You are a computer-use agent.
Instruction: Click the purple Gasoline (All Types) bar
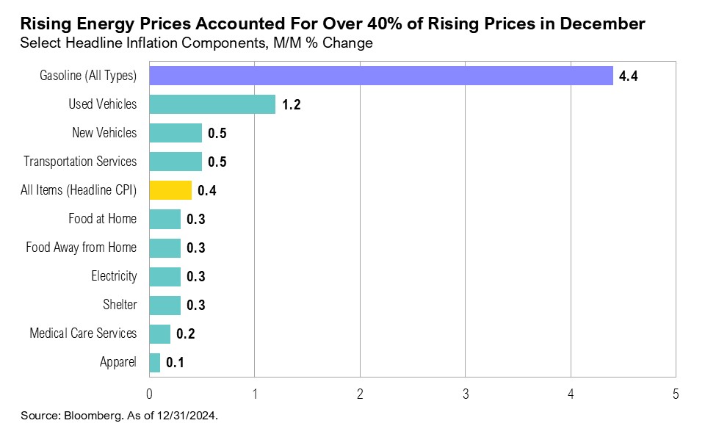tap(380, 76)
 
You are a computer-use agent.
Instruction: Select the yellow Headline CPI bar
tap(170, 190)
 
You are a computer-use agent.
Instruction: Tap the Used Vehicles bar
tap(212, 104)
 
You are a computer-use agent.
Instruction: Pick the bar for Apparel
tap(155, 362)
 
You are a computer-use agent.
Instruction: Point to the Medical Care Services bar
tap(160, 333)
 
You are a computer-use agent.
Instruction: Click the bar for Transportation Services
tap(176, 162)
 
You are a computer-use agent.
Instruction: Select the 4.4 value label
tap(629, 76)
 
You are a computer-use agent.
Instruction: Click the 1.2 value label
tap(292, 105)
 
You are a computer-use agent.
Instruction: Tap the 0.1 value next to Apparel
tap(175, 363)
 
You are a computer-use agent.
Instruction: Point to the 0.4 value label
tap(207, 191)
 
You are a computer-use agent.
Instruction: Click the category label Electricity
tap(114, 276)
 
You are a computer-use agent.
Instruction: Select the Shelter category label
tap(120, 305)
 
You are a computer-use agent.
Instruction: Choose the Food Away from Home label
tap(81, 248)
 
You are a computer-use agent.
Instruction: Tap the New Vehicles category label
tap(104, 133)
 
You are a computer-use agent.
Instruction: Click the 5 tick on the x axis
tap(675, 394)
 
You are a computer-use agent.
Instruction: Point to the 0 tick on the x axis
tap(150, 394)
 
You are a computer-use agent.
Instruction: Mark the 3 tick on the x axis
tap(465, 394)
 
